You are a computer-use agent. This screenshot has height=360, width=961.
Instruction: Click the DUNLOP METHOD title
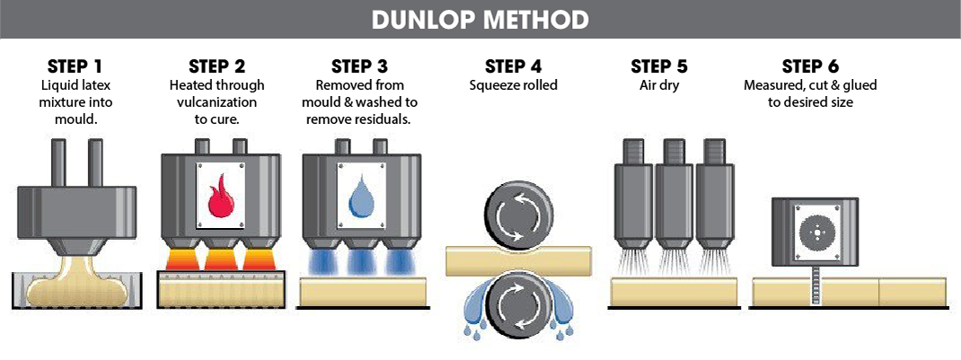(480, 19)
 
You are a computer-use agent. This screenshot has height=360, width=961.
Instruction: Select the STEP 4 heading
(513, 66)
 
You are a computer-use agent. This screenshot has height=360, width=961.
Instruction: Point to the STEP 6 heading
(810, 66)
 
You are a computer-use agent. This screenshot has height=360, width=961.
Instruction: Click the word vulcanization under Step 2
(217, 101)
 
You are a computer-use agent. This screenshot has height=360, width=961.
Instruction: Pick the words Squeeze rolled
(513, 85)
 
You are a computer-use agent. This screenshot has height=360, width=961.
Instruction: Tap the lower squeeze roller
(514, 303)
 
